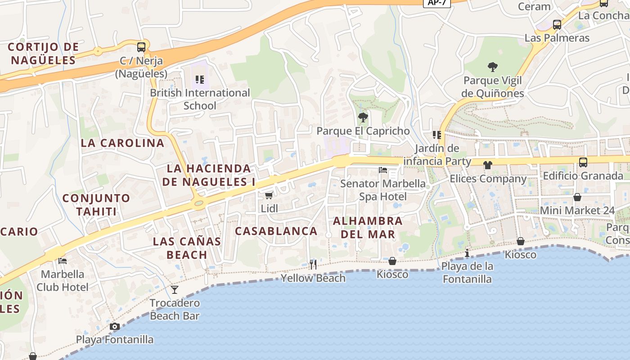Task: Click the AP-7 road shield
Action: click(x=436, y=3)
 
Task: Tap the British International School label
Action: click(x=200, y=99)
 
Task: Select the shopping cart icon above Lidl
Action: click(x=269, y=195)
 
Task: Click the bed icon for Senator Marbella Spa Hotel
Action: click(x=383, y=170)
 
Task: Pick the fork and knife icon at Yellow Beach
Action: click(x=313, y=264)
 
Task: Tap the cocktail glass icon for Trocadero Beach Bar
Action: click(x=175, y=289)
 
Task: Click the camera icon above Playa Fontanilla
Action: click(x=115, y=326)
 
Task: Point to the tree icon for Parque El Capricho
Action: click(x=363, y=118)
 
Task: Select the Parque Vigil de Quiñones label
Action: click(x=493, y=87)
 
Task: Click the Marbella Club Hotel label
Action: click(x=63, y=280)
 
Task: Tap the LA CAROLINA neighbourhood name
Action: click(x=122, y=143)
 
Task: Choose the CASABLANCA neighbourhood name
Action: click(x=276, y=231)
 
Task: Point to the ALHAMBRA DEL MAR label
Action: click(x=368, y=227)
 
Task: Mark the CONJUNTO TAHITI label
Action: click(x=96, y=205)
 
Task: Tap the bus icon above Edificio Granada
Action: click(x=583, y=162)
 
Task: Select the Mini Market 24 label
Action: click(x=577, y=210)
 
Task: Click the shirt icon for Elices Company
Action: click(x=488, y=165)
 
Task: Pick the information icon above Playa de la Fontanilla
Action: click(x=467, y=253)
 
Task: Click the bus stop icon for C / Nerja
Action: click(x=141, y=47)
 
